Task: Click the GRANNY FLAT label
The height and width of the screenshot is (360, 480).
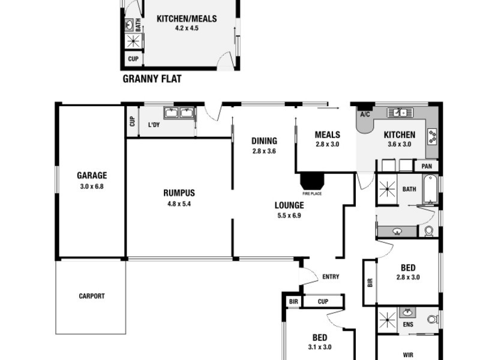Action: click(152, 79)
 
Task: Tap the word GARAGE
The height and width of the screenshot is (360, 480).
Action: click(91, 176)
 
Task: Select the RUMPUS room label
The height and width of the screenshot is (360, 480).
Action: click(179, 193)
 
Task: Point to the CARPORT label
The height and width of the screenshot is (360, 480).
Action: click(91, 296)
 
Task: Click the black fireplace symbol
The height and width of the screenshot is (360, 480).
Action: click(311, 181)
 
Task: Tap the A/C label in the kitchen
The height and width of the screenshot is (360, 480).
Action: click(364, 115)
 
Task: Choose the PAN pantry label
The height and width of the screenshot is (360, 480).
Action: click(427, 166)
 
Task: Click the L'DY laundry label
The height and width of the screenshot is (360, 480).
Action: click(155, 125)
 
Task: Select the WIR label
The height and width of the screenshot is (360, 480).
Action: click(408, 355)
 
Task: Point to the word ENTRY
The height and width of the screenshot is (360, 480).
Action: click(331, 277)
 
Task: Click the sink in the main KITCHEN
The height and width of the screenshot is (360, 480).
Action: click(398, 112)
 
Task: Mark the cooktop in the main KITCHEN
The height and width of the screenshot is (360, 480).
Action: click(432, 135)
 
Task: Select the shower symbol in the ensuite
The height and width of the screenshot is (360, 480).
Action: click(386, 319)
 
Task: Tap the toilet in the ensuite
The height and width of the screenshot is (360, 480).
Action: click(431, 319)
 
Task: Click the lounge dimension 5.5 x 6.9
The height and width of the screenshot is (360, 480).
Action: click(289, 215)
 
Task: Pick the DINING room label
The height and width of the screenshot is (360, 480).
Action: click(264, 142)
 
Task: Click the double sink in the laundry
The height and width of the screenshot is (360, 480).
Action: click(178, 112)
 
